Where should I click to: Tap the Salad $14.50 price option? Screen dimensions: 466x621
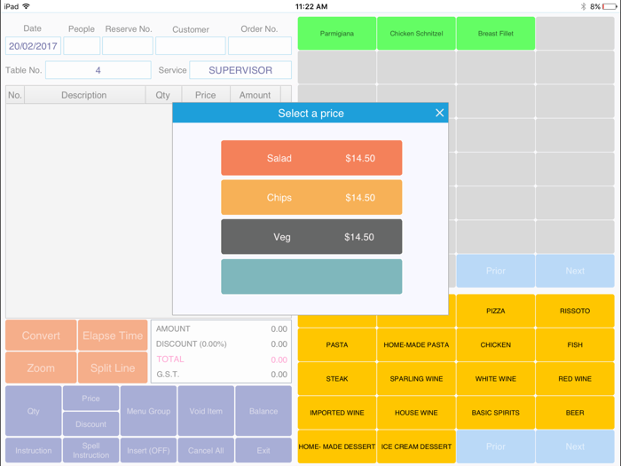point(311,158)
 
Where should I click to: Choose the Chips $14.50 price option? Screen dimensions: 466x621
point(311,198)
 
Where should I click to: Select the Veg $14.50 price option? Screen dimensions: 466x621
point(311,237)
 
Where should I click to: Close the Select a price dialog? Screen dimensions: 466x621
point(439,113)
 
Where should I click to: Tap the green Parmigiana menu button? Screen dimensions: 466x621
point(336,34)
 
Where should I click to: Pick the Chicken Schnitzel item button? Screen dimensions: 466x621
point(416,34)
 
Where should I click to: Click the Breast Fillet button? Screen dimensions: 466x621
point(495,34)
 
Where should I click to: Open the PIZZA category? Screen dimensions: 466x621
point(495,311)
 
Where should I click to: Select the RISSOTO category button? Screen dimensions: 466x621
point(575,311)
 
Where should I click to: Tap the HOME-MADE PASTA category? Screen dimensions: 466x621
point(416,344)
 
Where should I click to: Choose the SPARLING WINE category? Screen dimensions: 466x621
point(416,379)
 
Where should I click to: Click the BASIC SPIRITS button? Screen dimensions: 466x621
point(495,413)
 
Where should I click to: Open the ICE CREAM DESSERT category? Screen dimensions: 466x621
point(416,446)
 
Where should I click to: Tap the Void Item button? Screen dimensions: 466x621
point(206,411)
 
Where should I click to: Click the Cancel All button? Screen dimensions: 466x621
point(206,450)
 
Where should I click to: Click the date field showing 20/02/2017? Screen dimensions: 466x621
point(33,46)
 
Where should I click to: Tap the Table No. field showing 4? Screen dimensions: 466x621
point(98,70)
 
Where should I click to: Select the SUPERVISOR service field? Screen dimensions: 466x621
point(240,70)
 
